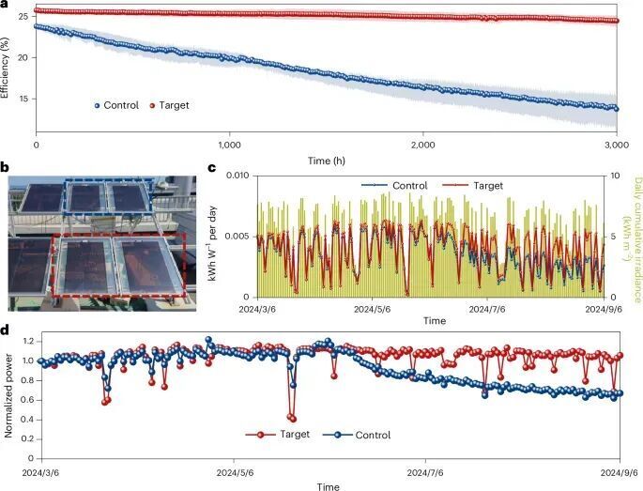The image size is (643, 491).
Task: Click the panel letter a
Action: pos(5,6)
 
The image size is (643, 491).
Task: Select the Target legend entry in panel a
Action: pos(170,105)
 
